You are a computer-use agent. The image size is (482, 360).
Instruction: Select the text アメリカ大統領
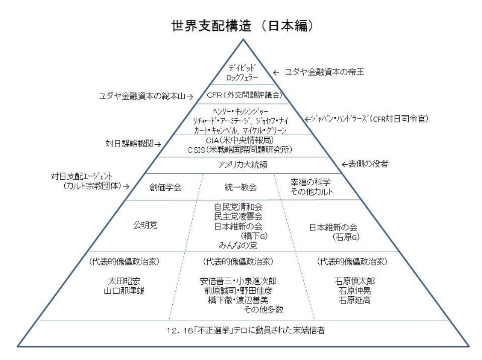(x=241, y=164)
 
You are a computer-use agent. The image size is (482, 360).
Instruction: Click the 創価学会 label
(x=165, y=187)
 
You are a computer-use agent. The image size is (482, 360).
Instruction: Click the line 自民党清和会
(x=238, y=207)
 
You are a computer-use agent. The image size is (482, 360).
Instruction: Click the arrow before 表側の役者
(x=346, y=164)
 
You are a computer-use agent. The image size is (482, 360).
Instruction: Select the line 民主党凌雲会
(x=238, y=216)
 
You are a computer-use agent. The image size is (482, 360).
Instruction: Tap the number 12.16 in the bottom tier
(x=176, y=330)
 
